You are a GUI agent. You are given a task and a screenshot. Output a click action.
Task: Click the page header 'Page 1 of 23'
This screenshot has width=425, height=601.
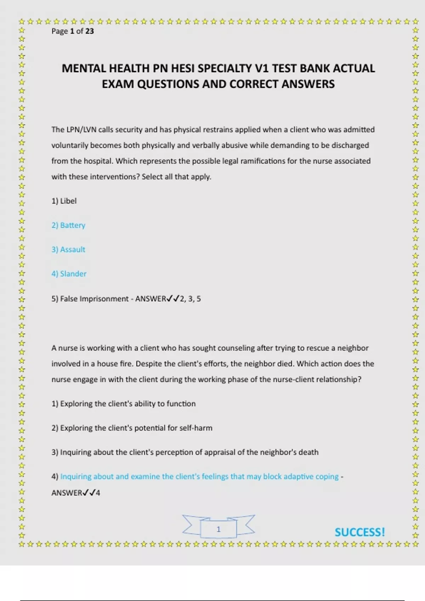tap(73, 31)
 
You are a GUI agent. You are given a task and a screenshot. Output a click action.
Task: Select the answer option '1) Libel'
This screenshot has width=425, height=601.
tap(64, 201)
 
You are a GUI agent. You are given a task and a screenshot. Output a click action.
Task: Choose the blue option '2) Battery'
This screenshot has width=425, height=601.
tap(68, 225)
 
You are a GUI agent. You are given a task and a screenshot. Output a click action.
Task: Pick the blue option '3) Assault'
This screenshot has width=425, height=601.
tap(68, 250)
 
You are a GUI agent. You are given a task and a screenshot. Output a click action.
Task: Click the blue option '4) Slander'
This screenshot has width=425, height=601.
tap(69, 274)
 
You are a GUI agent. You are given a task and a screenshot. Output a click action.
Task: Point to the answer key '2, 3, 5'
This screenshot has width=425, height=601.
tap(190, 299)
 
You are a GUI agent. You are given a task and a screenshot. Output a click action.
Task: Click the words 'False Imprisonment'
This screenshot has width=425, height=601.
tap(94, 299)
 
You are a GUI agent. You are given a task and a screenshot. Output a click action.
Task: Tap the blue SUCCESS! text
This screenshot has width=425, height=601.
tap(359, 532)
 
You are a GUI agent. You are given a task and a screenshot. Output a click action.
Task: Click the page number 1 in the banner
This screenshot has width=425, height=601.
tap(219, 529)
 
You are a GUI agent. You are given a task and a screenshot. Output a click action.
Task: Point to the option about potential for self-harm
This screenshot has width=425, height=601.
tap(132, 428)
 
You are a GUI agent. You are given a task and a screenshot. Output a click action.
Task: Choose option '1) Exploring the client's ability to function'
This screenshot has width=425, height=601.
tap(123, 404)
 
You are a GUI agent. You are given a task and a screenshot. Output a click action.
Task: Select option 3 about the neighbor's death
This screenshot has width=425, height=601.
tap(185, 452)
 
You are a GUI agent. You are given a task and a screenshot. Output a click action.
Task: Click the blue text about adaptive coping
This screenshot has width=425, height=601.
tap(199, 477)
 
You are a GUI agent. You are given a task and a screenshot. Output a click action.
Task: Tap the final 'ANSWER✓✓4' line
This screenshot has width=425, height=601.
tap(76, 493)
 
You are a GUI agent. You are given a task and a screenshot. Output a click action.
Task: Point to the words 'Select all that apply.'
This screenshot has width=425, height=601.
tap(176, 177)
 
